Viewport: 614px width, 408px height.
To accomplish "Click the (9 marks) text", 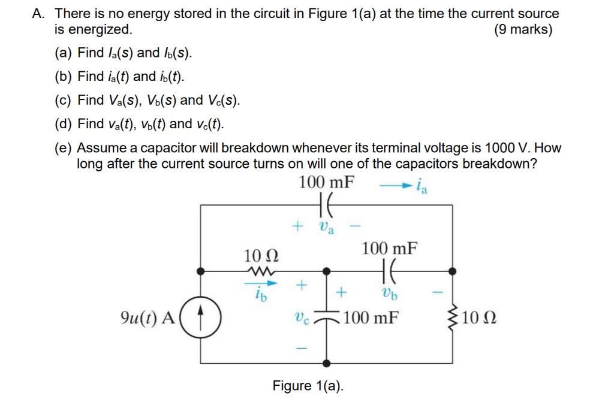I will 523,29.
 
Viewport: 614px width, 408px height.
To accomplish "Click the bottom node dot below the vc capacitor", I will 327,363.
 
